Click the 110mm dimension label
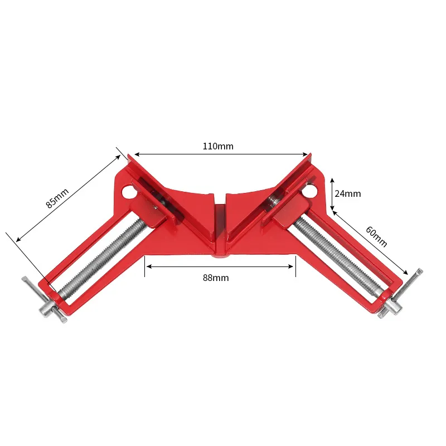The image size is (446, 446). click(x=218, y=147)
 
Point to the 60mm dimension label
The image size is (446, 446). click(x=376, y=236)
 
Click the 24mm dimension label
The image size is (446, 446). click(x=348, y=194)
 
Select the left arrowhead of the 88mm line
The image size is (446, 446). click(x=148, y=266)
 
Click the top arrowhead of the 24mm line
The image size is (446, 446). click(x=332, y=181)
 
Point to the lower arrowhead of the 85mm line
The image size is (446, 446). click(x=18, y=239)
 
